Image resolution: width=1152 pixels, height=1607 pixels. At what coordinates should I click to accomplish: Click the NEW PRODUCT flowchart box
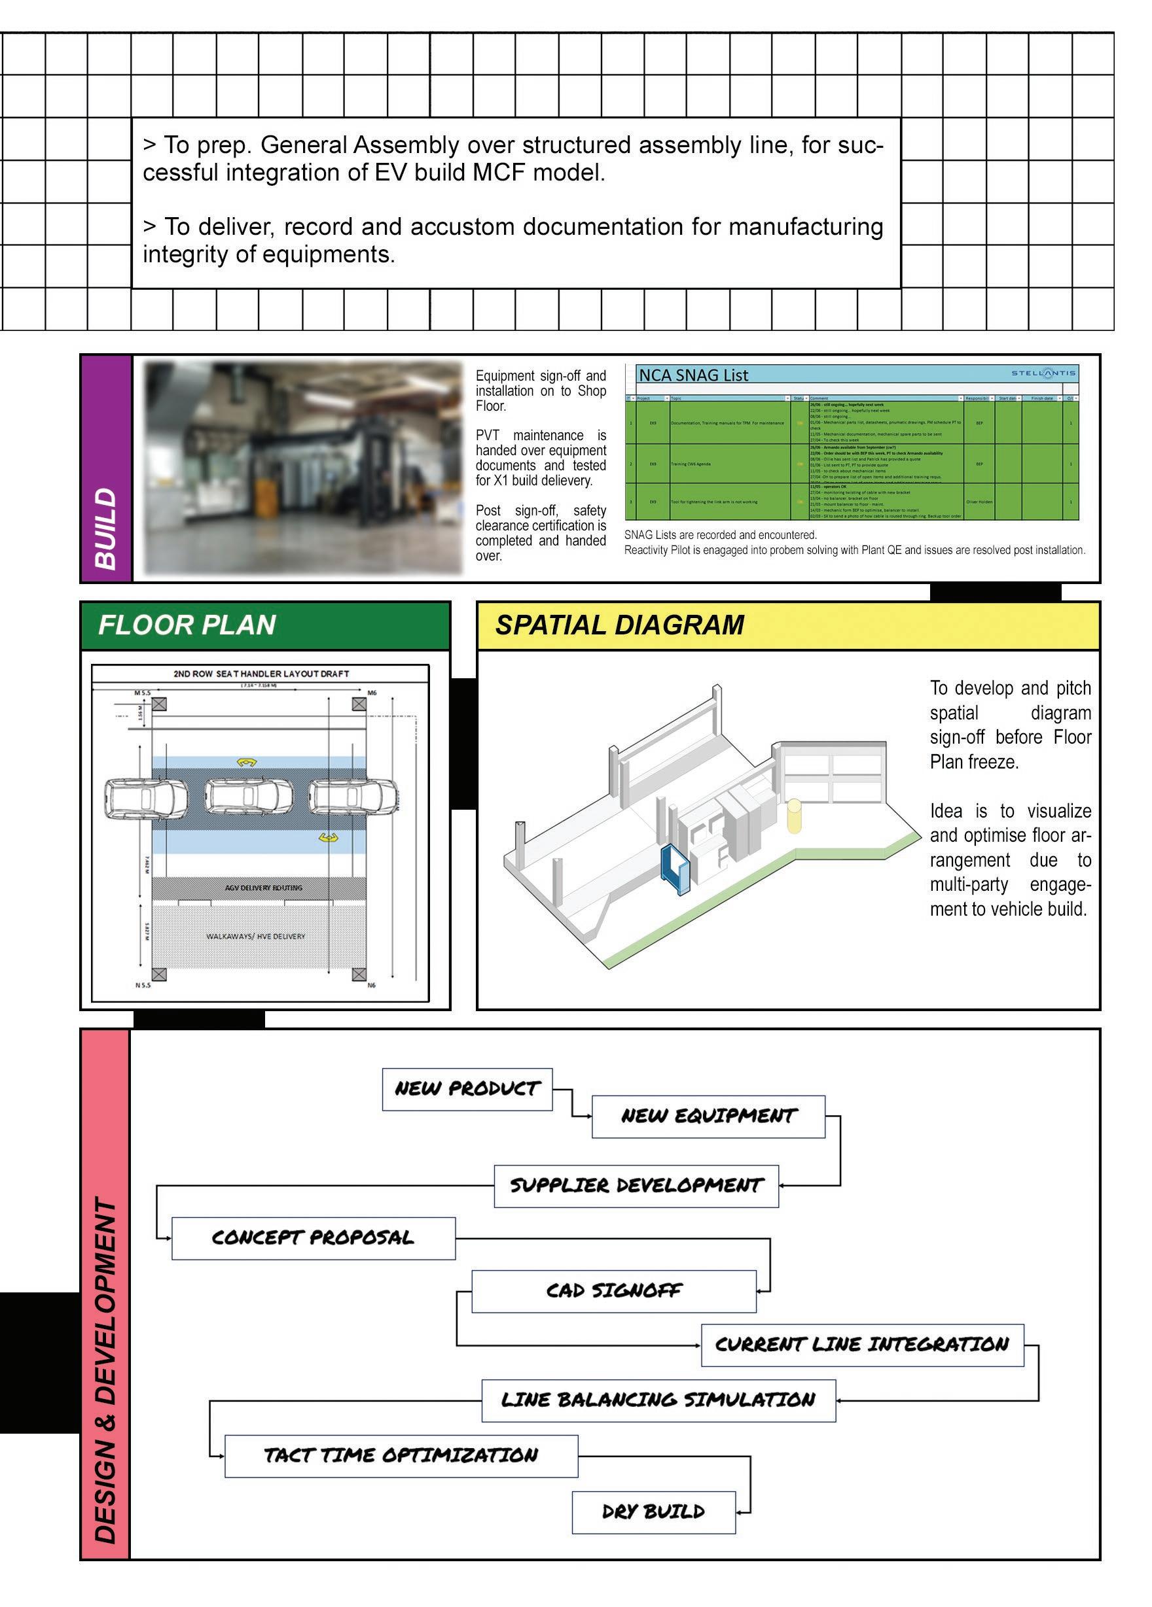click(467, 1089)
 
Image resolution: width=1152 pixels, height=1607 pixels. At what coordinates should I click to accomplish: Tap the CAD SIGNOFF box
click(613, 1291)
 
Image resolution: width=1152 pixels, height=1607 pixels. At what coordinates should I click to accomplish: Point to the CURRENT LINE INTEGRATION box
click(861, 1345)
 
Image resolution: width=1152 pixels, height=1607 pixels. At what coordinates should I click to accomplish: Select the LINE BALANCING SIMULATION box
click(658, 1400)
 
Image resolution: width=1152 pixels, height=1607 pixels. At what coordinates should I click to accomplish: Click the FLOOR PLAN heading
click(187, 625)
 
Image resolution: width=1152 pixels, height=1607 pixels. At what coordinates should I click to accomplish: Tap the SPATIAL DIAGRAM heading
click(620, 625)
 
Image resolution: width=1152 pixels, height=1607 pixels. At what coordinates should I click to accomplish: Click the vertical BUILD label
click(105, 528)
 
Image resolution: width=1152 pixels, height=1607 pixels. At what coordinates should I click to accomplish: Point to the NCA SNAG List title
click(693, 375)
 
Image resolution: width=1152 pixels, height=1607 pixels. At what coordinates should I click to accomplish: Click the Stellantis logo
click(1042, 373)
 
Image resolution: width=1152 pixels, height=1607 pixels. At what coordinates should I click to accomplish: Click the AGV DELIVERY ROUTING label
click(263, 888)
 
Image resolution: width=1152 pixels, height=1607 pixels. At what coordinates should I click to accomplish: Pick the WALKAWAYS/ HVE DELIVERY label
click(255, 936)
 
